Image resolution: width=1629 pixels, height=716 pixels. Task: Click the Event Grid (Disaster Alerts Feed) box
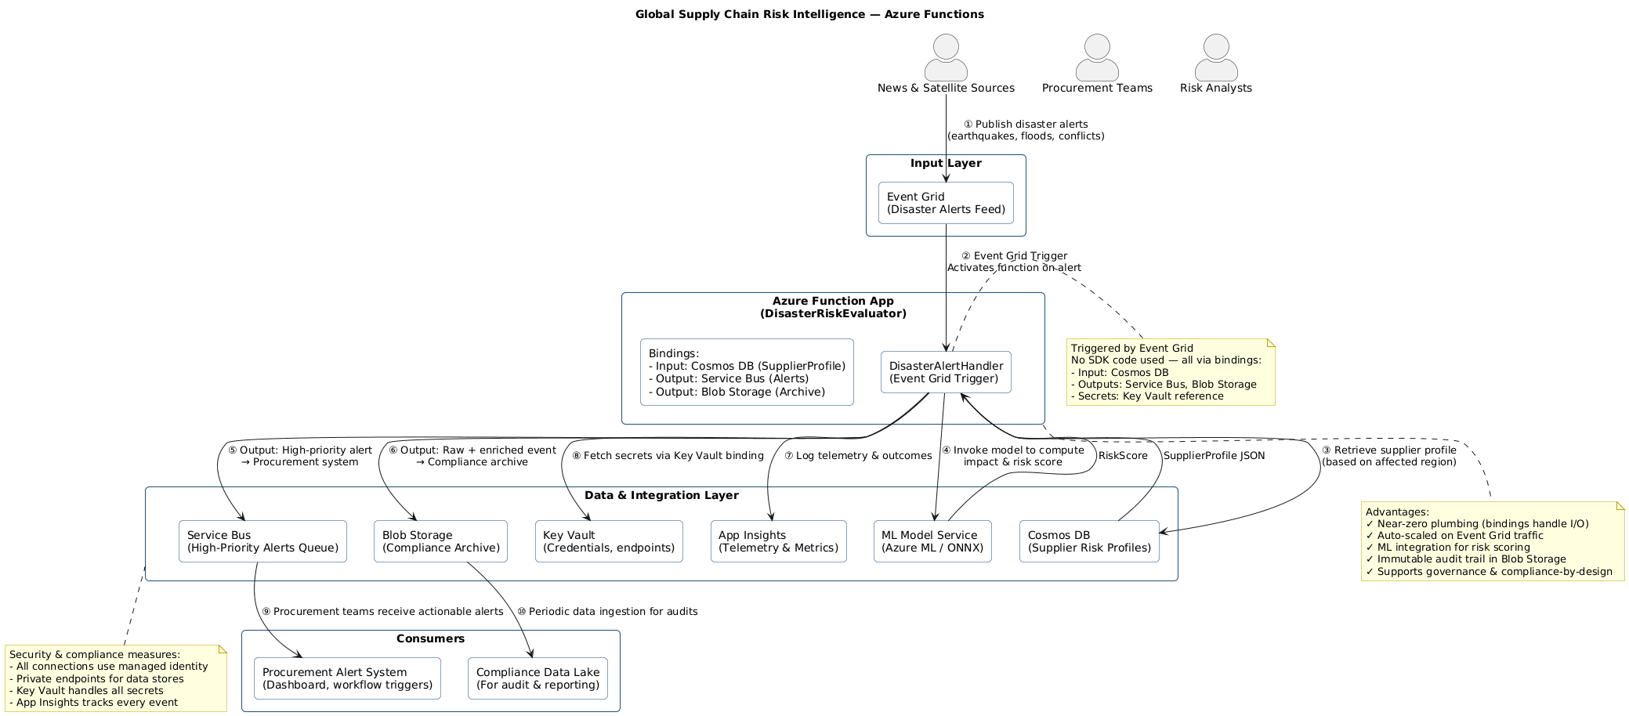[946, 203]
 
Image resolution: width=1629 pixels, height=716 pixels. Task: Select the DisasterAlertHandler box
[946, 372]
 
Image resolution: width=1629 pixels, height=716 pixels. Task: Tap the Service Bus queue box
[262, 541]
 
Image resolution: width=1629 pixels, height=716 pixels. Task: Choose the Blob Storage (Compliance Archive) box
[440, 541]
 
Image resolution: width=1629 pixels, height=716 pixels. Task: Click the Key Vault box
[609, 541]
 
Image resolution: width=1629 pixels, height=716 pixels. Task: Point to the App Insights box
[778, 541]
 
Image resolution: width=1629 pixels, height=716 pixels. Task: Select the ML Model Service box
[932, 541]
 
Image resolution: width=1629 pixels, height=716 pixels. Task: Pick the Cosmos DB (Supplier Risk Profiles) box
[1089, 541]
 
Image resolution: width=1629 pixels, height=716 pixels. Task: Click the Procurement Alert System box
[347, 678]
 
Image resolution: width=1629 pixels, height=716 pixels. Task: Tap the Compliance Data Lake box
[538, 678]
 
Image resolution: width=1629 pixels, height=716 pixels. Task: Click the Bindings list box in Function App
[747, 372]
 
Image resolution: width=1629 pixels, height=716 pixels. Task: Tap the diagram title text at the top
[809, 14]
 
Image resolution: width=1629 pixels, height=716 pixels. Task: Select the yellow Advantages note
[1492, 541]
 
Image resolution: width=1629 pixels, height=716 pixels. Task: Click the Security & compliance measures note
[115, 678]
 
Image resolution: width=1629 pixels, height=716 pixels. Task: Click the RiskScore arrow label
[1122, 456]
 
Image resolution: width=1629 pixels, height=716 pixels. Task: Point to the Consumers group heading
[430, 638]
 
